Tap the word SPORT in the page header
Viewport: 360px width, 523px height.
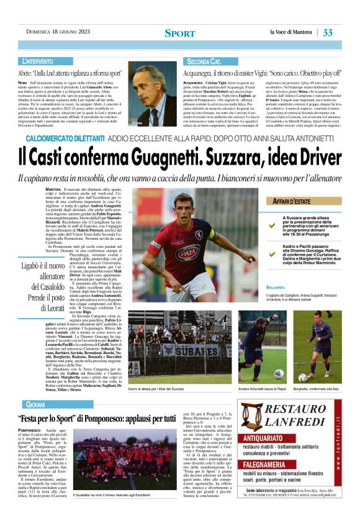pos(179,33)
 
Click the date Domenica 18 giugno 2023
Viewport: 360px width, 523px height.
pos(56,32)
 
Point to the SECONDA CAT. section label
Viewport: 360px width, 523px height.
pos(204,62)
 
